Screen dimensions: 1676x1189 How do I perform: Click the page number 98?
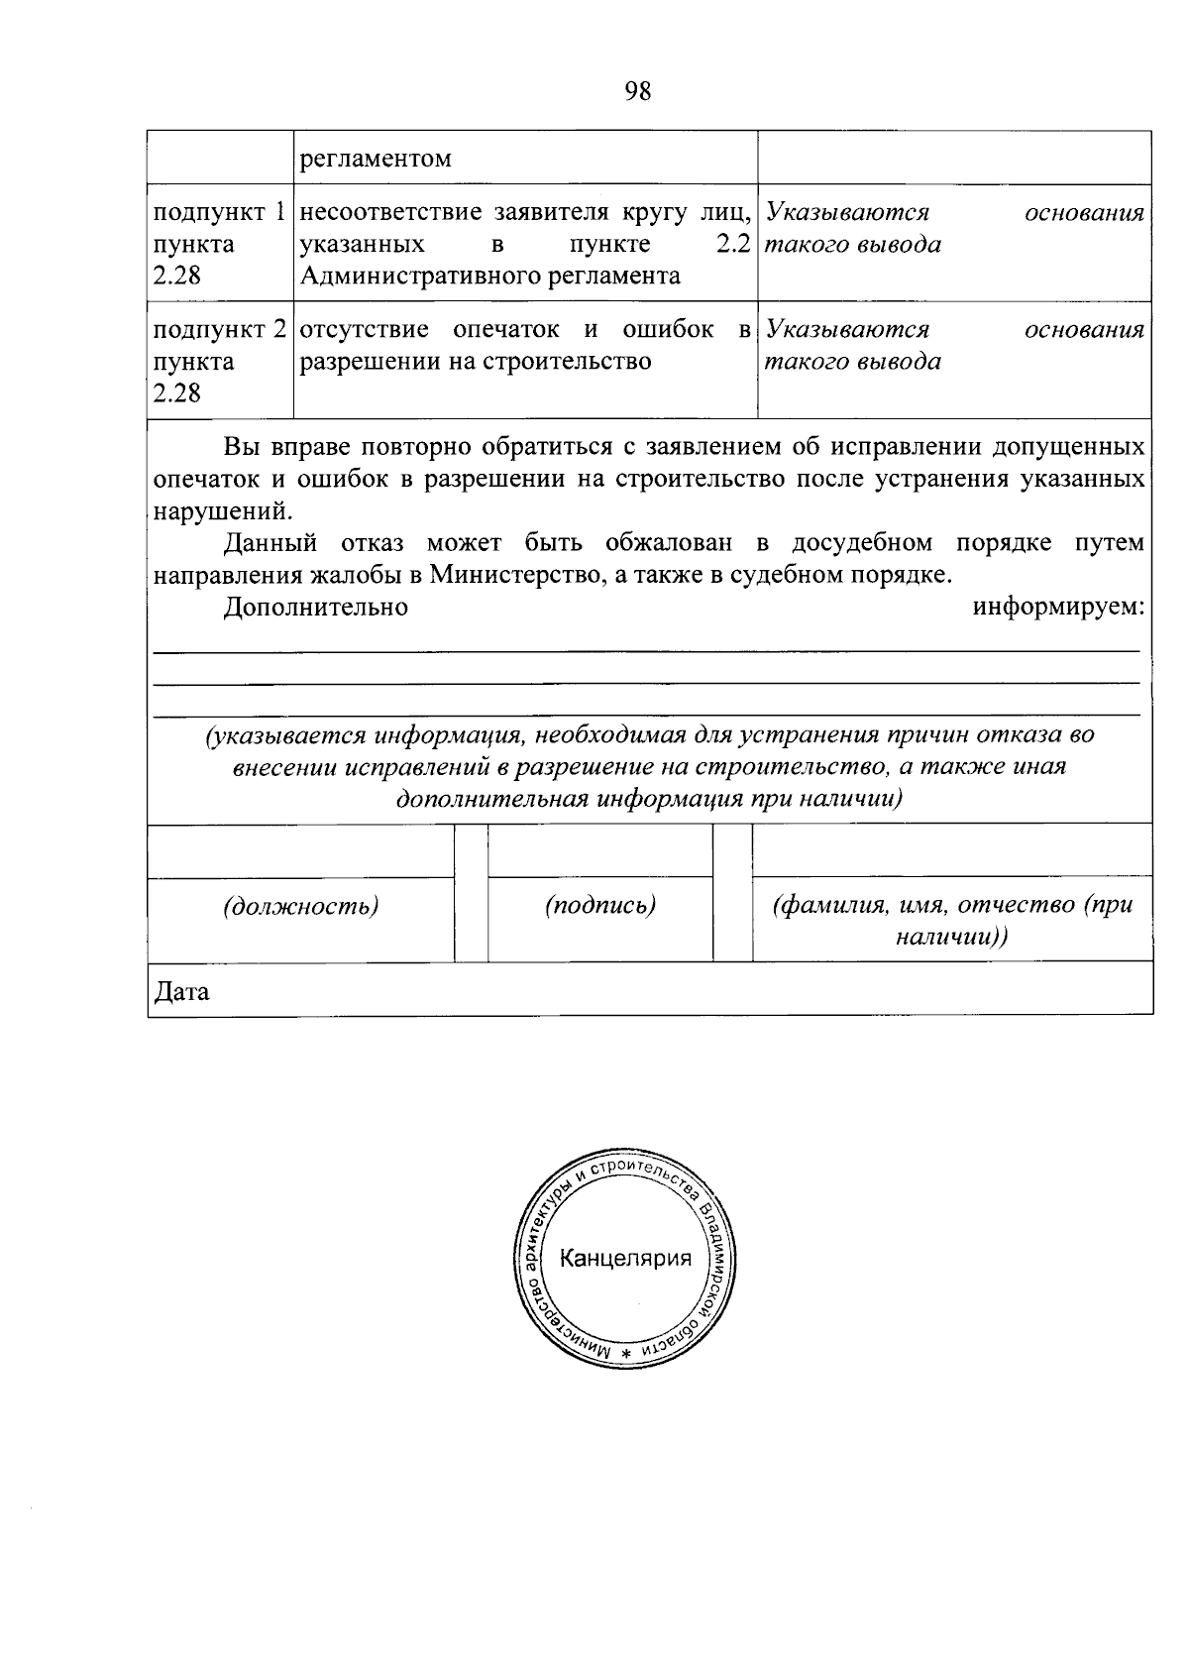click(x=638, y=91)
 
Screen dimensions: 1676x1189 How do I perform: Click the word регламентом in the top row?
click(x=376, y=159)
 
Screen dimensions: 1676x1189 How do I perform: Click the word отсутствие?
click(x=364, y=330)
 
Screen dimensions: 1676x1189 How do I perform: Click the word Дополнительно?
click(x=315, y=607)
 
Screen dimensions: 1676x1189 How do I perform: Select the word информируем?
click(x=1058, y=607)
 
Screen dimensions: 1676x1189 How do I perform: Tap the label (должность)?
click(x=300, y=906)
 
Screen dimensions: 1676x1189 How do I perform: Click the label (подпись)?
click(x=600, y=906)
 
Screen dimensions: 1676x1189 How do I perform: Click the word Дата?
click(x=181, y=991)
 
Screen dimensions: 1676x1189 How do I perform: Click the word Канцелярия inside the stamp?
click(x=625, y=1259)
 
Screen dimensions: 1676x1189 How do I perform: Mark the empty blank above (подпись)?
click(x=600, y=850)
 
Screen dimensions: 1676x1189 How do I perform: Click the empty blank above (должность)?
click(x=300, y=850)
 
